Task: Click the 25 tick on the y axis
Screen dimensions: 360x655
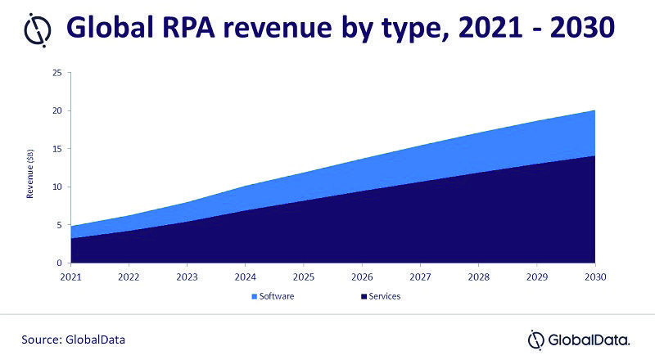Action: click(56, 72)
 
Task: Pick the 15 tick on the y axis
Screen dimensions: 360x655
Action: click(56, 149)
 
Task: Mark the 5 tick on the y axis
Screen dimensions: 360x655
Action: click(59, 225)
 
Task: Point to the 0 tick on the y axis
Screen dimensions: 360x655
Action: click(59, 263)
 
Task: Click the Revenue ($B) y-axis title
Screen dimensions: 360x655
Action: click(30, 174)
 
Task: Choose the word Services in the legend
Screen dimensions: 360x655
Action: click(384, 296)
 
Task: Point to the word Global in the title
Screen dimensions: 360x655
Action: click(120, 29)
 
